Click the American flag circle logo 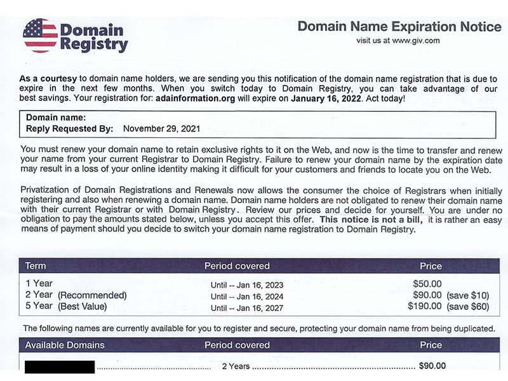[x=40, y=36]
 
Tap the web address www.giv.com [x=416, y=41]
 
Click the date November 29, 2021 [x=161, y=128]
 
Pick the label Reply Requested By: [x=70, y=128]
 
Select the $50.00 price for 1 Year [x=427, y=284]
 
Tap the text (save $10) [x=468, y=295]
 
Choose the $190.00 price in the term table [x=425, y=307]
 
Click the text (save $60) [x=468, y=307]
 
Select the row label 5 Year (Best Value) [x=66, y=307]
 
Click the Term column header [x=36, y=265]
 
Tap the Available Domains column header [x=65, y=345]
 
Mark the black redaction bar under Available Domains [x=60, y=366]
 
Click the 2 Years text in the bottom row [x=236, y=366]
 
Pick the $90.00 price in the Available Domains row [x=432, y=366]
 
